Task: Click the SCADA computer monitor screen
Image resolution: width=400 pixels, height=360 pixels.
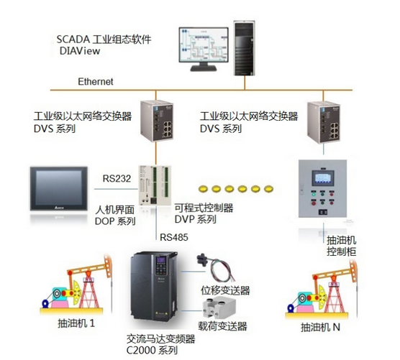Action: pos(212,49)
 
